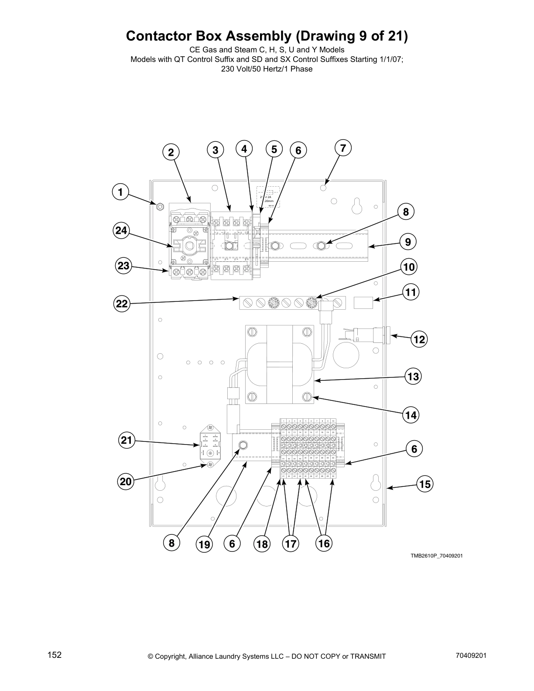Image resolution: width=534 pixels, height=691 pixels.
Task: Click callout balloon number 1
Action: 120,192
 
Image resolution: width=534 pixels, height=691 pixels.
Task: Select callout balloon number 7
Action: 343,148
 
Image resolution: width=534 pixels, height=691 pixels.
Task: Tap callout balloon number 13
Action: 413,376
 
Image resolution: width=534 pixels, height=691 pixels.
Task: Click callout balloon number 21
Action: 126,440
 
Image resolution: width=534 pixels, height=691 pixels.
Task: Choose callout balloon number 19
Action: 204,544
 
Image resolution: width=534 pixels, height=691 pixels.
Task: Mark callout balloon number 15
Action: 424,484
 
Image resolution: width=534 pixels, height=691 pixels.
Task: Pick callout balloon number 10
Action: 409,267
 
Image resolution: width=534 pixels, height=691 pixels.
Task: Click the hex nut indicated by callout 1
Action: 159,205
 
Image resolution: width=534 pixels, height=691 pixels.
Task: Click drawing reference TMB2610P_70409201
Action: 436,556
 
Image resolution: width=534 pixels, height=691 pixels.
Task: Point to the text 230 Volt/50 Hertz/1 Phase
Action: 267,69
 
